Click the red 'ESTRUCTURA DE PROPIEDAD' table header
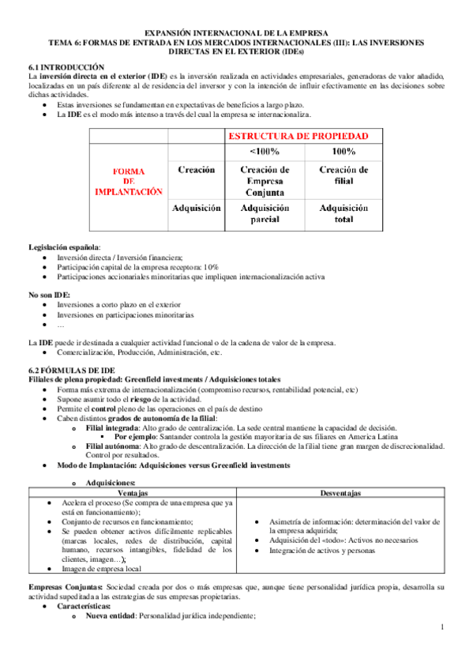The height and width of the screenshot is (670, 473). click(303, 135)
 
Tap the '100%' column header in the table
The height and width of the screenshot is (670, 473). click(343, 151)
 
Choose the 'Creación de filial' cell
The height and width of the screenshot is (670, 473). click(343, 175)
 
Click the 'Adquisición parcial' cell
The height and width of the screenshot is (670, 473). click(264, 213)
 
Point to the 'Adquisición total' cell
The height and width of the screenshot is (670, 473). click(343, 213)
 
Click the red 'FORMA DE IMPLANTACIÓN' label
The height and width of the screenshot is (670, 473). click(128, 180)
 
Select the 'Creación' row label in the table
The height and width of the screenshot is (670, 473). click(196, 169)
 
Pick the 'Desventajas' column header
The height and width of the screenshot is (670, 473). click(341, 493)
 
